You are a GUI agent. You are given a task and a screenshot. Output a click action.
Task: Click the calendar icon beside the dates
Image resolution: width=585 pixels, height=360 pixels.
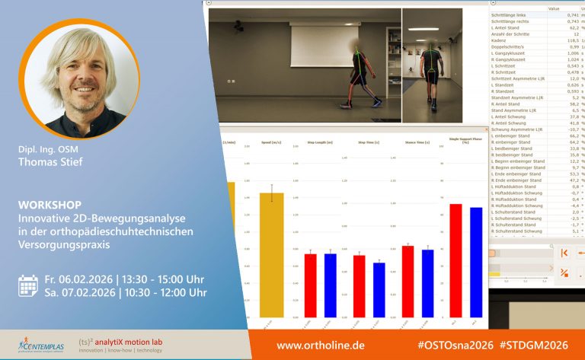tap(27, 285)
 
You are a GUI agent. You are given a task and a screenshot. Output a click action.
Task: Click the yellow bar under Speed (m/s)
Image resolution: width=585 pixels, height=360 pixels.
tap(271, 254)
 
